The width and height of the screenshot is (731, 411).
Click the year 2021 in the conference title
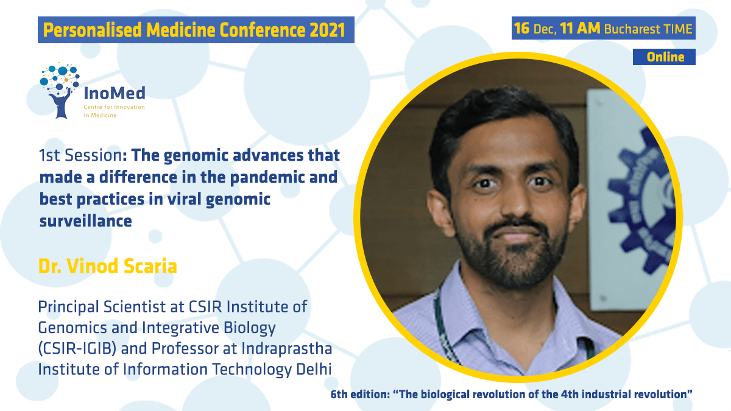point(327,30)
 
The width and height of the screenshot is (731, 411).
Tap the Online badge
point(664,57)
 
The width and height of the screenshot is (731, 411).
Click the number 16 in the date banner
point(522,29)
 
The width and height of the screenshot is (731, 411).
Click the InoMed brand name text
point(115,93)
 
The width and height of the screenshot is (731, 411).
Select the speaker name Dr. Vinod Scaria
point(108,266)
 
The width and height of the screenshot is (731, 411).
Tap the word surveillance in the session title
point(85,221)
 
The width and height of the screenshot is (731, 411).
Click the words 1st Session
point(80,155)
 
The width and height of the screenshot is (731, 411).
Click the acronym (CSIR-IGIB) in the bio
point(77,348)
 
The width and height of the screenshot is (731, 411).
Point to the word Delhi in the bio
point(314,369)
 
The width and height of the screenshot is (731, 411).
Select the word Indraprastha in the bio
point(286,349)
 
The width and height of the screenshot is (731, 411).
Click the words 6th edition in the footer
point(359,394)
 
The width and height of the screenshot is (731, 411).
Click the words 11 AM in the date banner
point(580,29)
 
